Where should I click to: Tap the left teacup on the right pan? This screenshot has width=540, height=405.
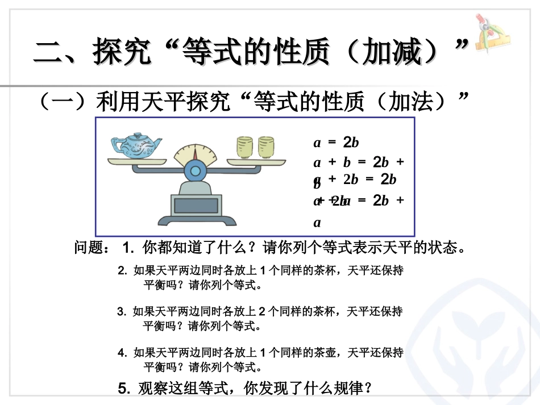click(244, 148)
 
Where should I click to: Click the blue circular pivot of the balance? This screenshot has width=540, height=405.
click(196, 170)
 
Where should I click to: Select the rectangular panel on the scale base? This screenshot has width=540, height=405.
click(195, 205)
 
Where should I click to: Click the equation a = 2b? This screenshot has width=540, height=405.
click(336, 142)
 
